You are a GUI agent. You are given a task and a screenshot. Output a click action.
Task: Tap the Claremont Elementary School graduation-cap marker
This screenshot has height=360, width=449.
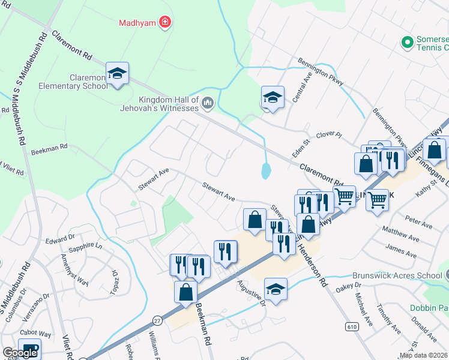coord(117,74)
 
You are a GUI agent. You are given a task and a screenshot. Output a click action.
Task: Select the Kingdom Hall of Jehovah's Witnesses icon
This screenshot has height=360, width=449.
coord(208,103)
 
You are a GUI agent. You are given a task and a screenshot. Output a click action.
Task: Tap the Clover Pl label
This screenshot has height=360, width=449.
coord(328,136)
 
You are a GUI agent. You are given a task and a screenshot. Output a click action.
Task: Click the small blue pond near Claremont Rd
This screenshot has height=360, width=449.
coord(265,172)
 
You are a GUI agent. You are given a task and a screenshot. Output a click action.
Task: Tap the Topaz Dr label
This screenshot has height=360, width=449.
coord(113,281)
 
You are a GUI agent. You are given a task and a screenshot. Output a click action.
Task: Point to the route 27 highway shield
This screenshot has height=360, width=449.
coord(157,321)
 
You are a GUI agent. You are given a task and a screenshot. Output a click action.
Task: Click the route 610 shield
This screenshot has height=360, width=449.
coord(350,325)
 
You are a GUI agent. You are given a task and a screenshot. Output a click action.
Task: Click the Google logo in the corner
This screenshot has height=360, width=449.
coord(20,353)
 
